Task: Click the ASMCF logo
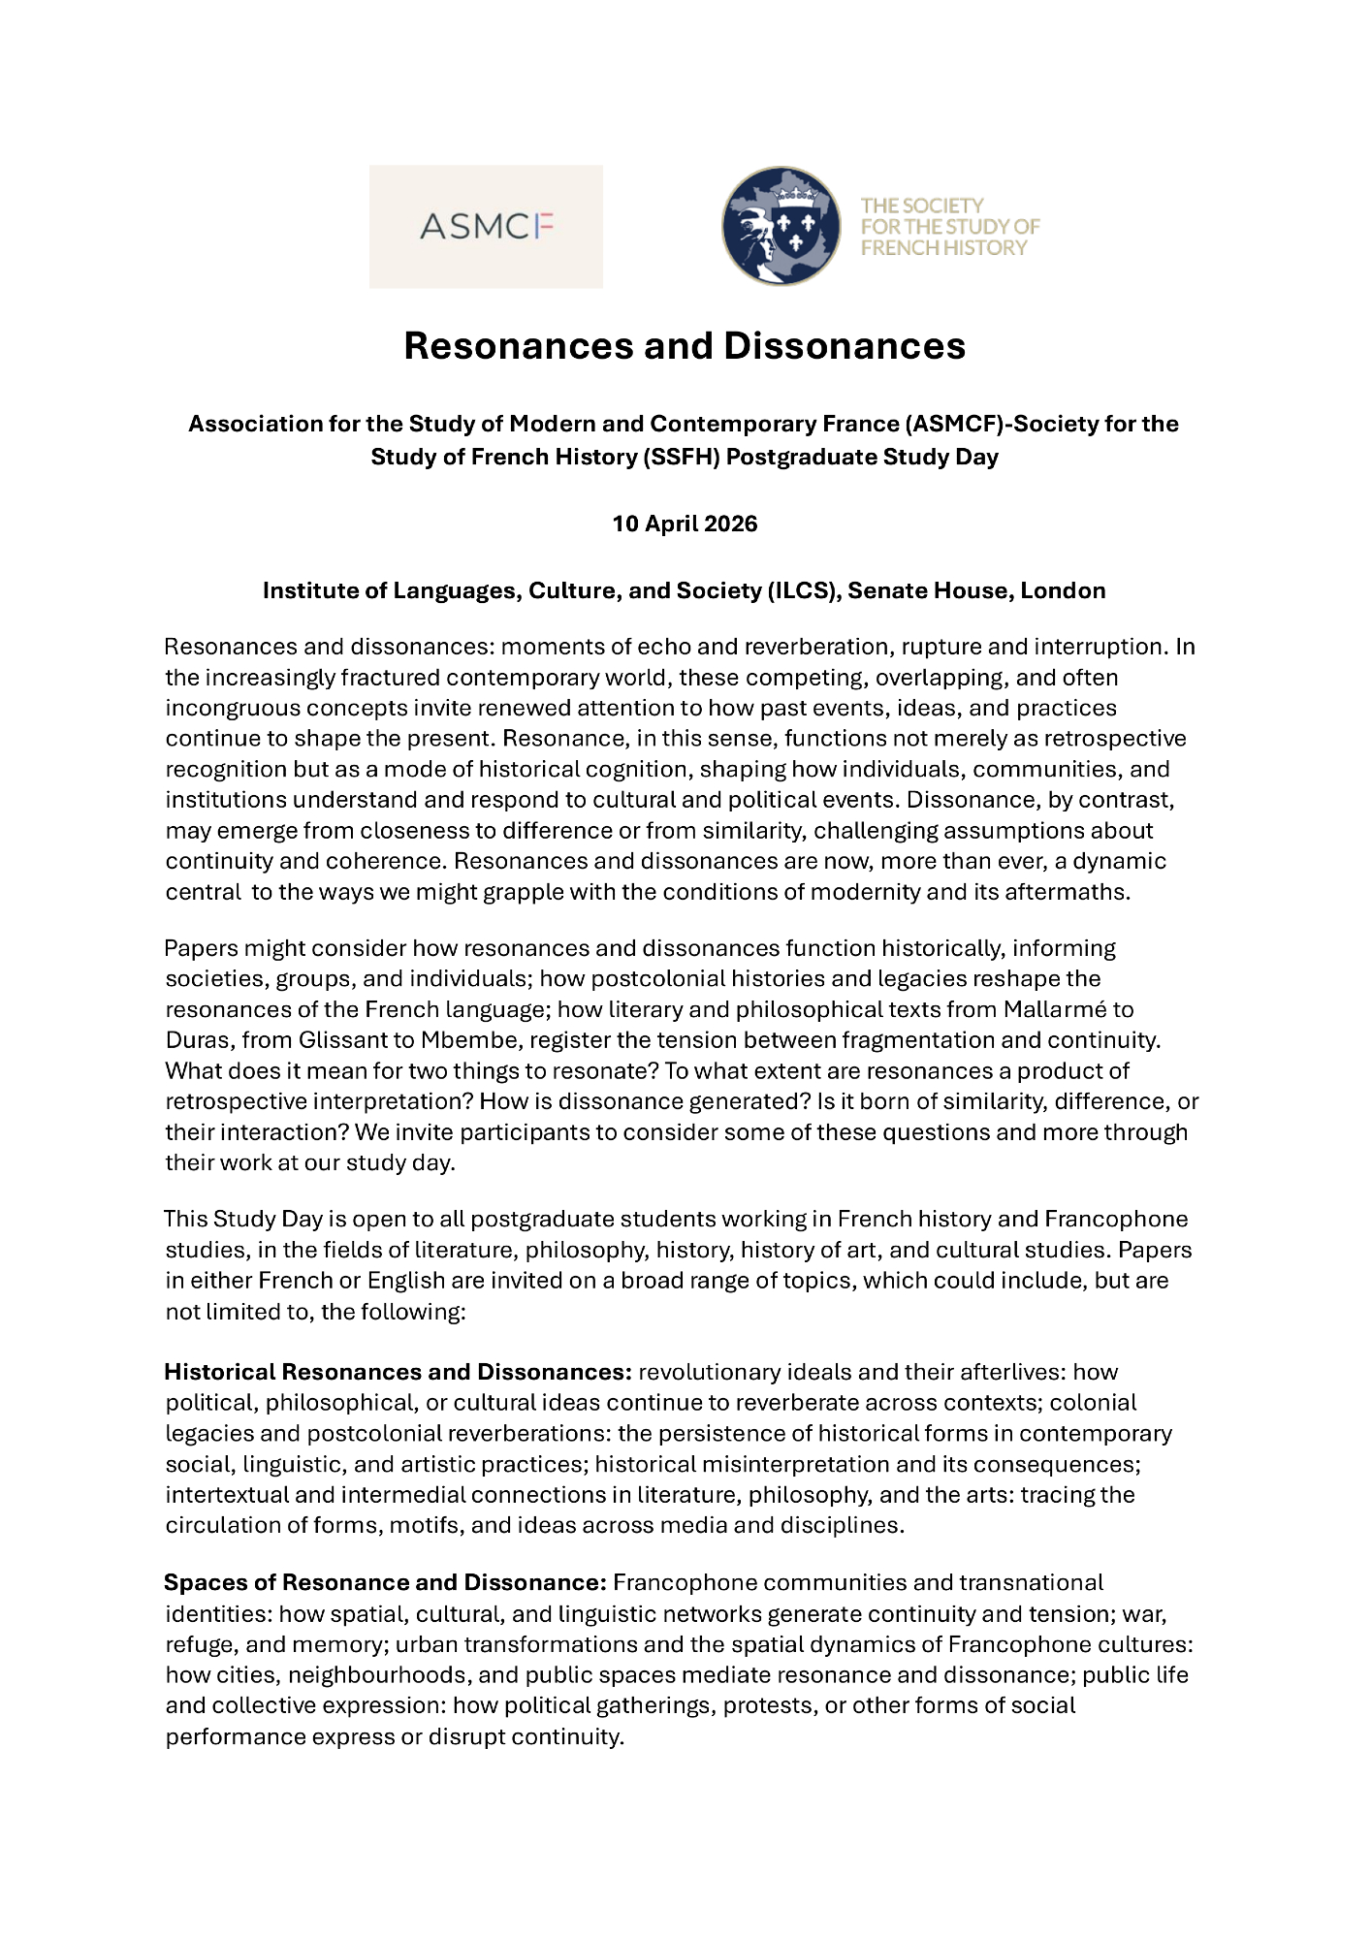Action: [x=486, y=227]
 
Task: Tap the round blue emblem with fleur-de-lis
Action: [x=781, y=226]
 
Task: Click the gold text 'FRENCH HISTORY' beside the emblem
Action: [x=943, y=248]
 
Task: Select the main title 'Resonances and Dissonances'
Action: [x=685, y=346]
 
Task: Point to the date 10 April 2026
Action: [x=685, y=524]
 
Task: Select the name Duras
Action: [x=197, y=1040]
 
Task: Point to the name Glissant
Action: [x=339, y=1040]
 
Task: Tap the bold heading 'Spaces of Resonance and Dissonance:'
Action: [x=385, y=1582]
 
